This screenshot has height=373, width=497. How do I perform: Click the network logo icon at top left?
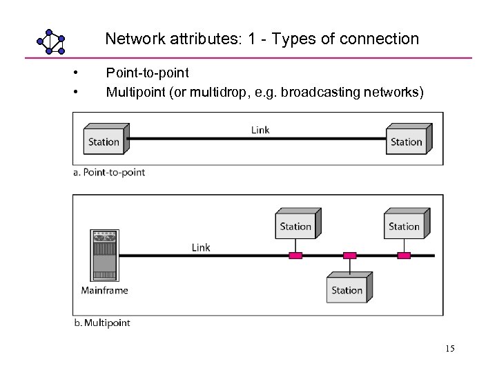point(50,42)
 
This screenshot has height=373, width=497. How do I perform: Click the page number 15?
point(449,349)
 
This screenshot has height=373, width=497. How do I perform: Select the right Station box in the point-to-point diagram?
point(408,140)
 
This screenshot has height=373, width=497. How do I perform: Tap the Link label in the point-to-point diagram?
point(260,130)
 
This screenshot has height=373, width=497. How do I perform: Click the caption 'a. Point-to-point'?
point(109,172)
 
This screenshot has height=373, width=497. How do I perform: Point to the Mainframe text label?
point(104,290)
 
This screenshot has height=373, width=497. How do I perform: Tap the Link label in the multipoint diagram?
point(201,247)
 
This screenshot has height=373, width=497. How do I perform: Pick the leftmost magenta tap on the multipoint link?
point(295,256)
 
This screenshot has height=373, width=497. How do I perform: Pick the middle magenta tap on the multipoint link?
point(350,256)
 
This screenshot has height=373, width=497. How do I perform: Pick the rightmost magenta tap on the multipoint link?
point(404,256)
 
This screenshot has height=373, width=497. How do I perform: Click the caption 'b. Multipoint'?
point(101,323)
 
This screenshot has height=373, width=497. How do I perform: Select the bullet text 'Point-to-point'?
point(147,73)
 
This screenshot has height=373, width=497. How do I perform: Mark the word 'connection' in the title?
point(382,39)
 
